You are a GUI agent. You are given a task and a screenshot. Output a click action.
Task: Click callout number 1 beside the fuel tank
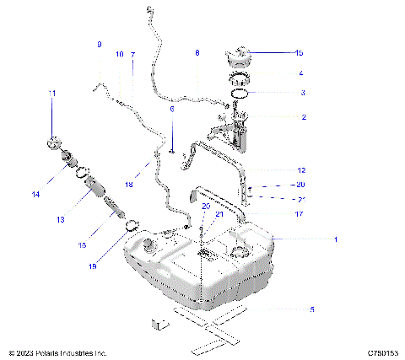point(335,239)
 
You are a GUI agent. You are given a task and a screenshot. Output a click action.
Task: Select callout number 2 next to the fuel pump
point(303,118)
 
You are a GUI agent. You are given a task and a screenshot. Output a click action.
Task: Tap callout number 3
point(303,93)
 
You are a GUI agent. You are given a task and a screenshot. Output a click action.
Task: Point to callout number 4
point(301,73)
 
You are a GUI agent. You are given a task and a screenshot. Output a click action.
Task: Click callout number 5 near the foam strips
point(311,309)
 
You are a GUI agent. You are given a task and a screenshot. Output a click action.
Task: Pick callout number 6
point(172,110)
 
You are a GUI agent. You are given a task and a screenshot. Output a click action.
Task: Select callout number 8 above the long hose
point(197,53)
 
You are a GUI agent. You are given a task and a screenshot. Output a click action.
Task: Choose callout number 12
point(301,169)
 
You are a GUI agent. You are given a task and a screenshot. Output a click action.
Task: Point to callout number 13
point(60,220)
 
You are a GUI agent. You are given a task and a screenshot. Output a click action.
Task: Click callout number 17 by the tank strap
point(300,213)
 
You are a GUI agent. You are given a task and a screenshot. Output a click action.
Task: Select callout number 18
point(128,183)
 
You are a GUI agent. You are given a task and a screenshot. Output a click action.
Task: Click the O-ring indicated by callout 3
point(240,94)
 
